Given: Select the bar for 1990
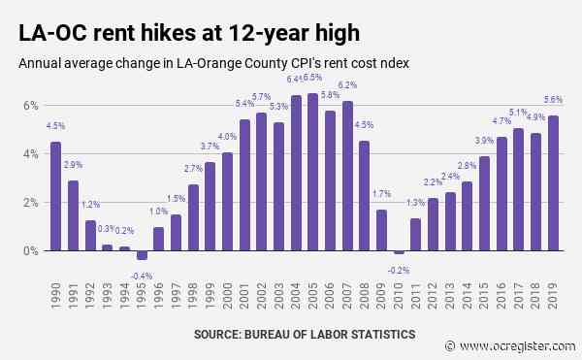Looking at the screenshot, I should [55, 196].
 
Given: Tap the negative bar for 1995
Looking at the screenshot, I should [142, 255].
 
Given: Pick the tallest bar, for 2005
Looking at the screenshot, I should [312, 172].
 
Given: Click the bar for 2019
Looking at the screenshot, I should [553, 183].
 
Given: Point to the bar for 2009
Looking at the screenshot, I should [381, 230].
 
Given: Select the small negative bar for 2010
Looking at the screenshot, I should [399, 252].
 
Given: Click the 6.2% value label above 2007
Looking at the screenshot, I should [347, 86].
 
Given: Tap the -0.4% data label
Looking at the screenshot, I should [141, 274].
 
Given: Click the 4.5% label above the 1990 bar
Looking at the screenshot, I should [55, 125].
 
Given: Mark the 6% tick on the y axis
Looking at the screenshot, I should [32, 105].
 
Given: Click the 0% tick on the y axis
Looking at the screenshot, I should [32, 250].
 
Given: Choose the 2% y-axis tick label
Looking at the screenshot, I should [32, 202].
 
